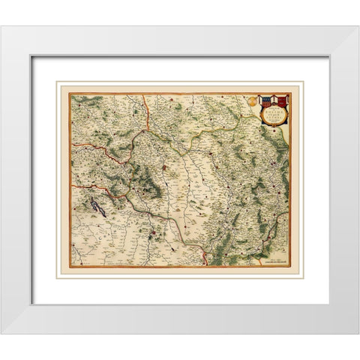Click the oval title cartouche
tap(271, 110)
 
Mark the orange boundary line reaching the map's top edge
tap(144, 105)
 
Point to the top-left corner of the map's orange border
tap(71, 94)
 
